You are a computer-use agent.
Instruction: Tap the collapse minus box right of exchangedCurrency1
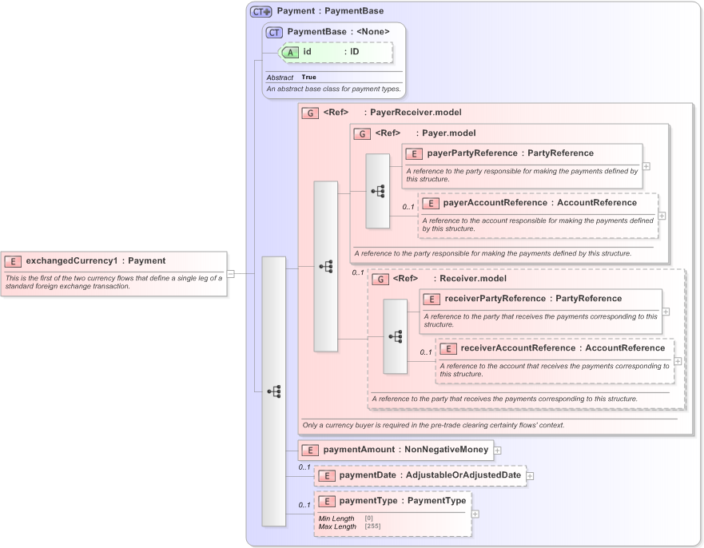(x=231, y=273)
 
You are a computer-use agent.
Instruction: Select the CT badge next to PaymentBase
(x=274, y=32)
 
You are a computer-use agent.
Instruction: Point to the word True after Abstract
(x=308, y=77)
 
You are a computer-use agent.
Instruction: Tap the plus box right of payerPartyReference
(x=646, y=166)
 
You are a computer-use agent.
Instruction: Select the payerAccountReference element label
(x=495, y=203)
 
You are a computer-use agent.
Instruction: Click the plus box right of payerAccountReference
(x=662, y=216)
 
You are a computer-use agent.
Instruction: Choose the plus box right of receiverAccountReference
(x=678, y=360)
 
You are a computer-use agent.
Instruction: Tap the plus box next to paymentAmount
(x=497, y=451)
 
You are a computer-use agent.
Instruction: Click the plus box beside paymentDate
(x=530, y=476)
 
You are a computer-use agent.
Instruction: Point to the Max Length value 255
(x=372, y=526)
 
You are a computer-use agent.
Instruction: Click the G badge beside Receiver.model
(x=381, y=280)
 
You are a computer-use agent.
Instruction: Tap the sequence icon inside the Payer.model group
(x=378, y=191)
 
